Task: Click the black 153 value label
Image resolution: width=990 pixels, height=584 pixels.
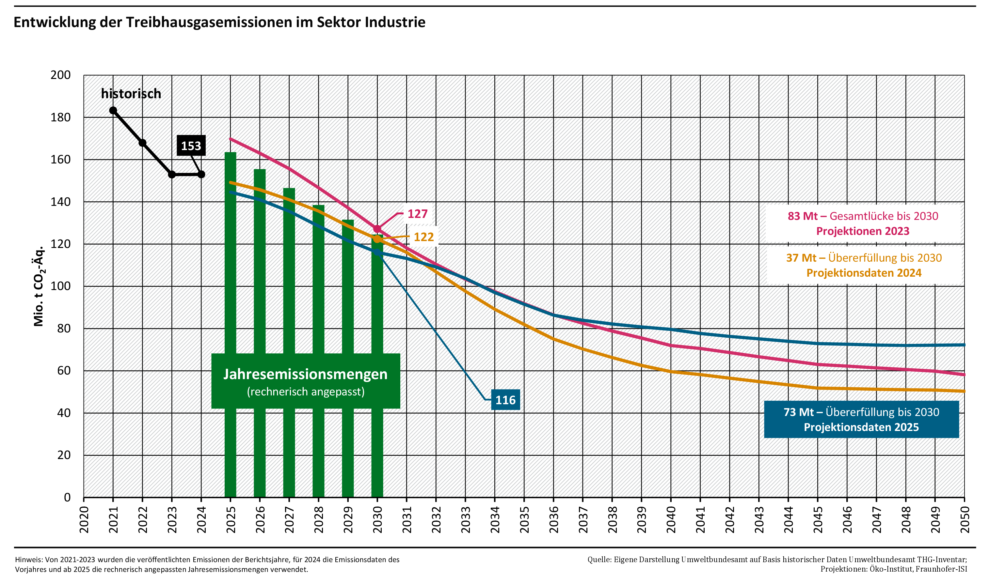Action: coord(191,146)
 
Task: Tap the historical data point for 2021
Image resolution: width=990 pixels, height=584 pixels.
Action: coord(113,111)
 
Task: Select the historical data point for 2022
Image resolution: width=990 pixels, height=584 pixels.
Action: coord(143,143)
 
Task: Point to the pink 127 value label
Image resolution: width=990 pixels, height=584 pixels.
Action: coord(417,214)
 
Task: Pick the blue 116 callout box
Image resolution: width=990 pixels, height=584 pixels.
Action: coord(505,400)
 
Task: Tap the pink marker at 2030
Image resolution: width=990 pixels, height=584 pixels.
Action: coord(377,229)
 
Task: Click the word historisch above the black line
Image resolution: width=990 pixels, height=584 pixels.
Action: coord(131,94)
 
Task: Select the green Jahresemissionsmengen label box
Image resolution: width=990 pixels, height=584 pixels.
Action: coord(306,381)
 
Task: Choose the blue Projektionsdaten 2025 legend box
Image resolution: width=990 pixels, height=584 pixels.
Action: coord(861,419)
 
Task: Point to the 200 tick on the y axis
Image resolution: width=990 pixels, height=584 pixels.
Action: coord(61,75)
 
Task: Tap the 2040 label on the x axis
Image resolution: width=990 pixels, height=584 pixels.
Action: coord(671,519)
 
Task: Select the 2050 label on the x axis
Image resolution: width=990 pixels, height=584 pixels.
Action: coord(965,519)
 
